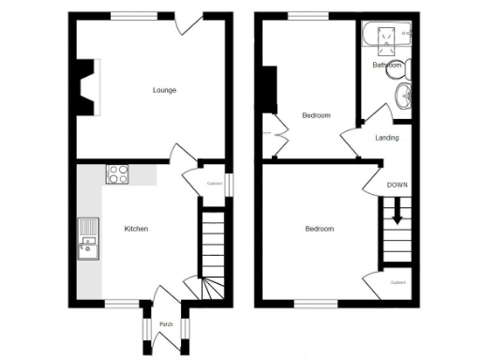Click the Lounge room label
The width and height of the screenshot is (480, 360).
tap(165, 90)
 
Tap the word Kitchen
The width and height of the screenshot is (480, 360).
tap(136, 229)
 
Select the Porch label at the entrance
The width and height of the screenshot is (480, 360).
tap(166, 324)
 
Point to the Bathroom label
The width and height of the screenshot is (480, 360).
tap(386, 66)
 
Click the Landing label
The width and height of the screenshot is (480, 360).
tap(386, 138)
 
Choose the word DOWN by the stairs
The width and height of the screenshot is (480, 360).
tap(397, 185)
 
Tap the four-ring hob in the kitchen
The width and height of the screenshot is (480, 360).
tap(119, 173)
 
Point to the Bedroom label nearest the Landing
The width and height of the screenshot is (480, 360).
tap(316, 115)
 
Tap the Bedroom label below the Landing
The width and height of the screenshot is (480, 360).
tap(320, 229)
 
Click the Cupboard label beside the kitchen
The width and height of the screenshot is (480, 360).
tap(214, 184)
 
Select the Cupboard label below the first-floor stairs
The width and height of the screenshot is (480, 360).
tap(397, 282)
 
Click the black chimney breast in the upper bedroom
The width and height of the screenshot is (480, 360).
tap(270, 90)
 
